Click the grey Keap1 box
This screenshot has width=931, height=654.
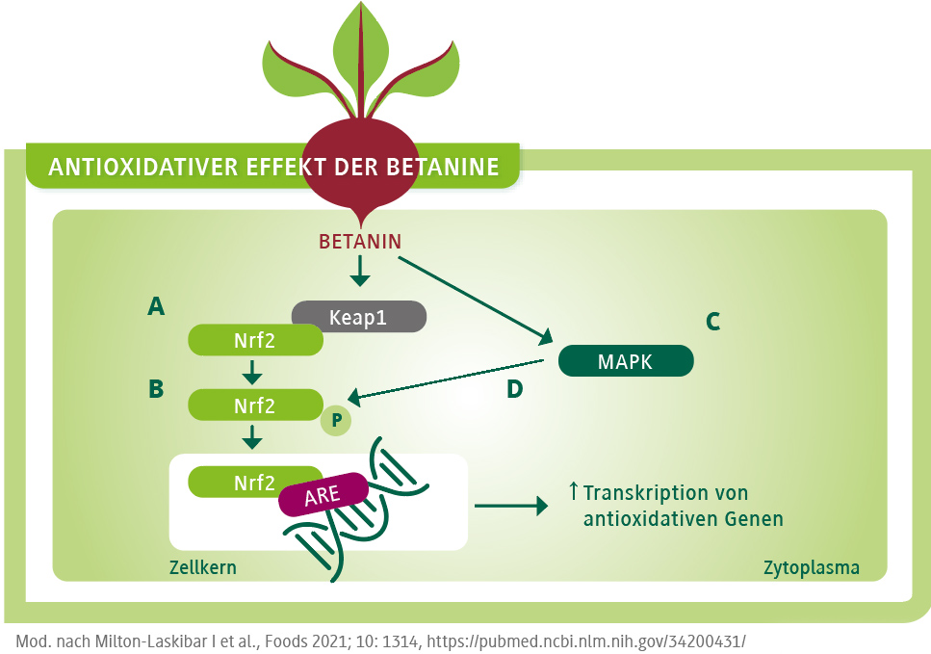point(358,316)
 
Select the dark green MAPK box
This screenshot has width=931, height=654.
point(626,361)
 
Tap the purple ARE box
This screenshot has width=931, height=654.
point(323,495)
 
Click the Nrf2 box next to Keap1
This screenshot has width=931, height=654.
point(254,339)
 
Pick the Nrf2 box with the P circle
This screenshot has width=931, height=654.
point(254,405)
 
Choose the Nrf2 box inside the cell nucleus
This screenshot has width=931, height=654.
point(254,483)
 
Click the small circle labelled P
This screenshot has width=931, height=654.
point(336,421)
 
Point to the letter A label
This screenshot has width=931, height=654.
point(156,307)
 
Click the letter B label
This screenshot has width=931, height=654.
point(156,389)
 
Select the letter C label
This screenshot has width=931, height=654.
point(712,322)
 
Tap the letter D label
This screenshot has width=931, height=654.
point(515,389)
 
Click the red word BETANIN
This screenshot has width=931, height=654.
point(360,241)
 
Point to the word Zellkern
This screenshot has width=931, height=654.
point(202,567)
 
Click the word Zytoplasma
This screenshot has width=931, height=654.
point(811,567)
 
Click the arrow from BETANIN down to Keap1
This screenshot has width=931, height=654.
point(360,271)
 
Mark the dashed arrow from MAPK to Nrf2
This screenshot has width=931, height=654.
point(448,379)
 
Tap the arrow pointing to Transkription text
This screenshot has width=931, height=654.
point(510,504)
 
